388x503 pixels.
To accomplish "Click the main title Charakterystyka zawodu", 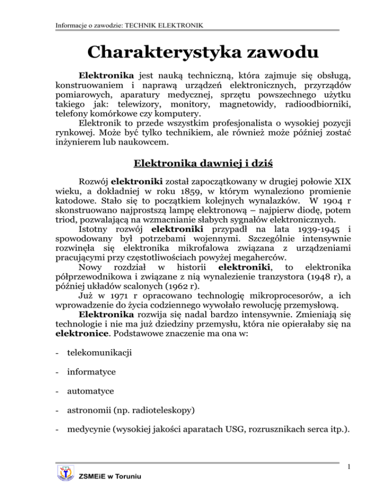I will coord(195,52).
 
